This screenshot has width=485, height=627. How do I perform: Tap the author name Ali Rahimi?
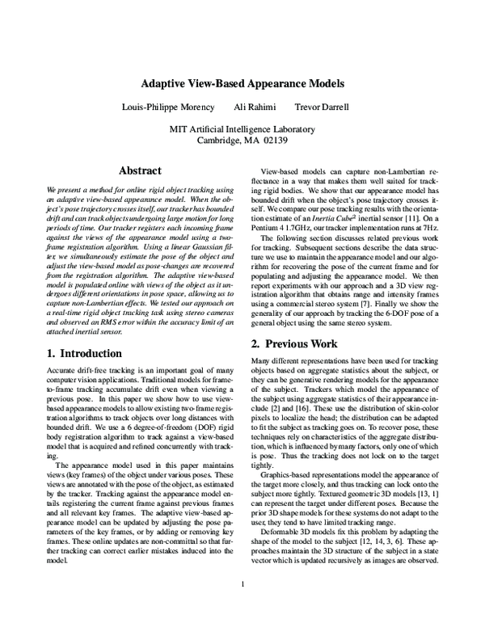(255, 107)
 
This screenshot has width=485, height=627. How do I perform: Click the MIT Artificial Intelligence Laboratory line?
(242, 128)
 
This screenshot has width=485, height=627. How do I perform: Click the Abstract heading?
(140, 170)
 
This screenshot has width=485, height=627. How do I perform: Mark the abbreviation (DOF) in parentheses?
(172, 443)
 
